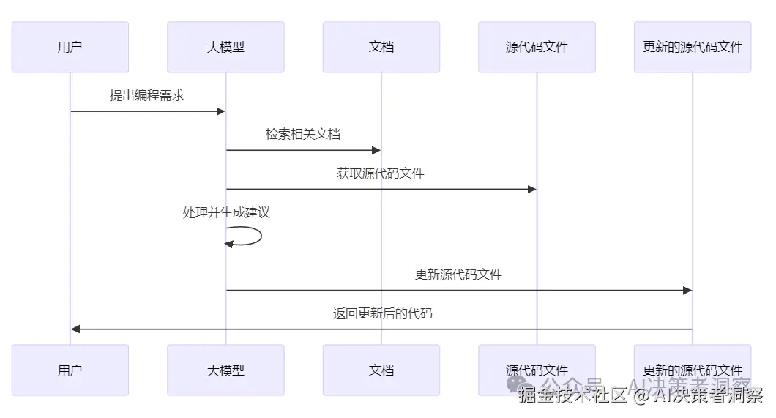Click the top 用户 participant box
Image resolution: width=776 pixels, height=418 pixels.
(x=70, y=47)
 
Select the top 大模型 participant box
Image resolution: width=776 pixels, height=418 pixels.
(x=225, y=47)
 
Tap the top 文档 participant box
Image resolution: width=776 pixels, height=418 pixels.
(x=381, y=47)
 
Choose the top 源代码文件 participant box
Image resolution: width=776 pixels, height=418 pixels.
(x=537, y=47)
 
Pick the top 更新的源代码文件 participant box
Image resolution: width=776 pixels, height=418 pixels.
(x=693, y=47)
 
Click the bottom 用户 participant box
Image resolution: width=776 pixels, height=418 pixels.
(x=70, y=370)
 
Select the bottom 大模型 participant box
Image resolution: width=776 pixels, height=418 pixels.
(x=225, y=370)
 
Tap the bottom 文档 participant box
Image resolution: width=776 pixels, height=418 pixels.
(x=381, y=370)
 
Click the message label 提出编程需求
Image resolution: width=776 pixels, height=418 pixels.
(x=147, y=95)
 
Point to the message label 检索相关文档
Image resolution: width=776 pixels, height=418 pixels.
(x=303, y=135)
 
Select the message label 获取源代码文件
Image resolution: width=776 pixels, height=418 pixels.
(x=381, y=174)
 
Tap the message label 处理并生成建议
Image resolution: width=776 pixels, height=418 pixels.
(x=226, y=213)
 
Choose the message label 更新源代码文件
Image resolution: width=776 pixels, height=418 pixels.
(x=458, y=275)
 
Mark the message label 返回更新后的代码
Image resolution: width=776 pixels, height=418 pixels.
(x=383, y=314)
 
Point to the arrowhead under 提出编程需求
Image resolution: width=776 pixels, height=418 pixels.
(x=220, y=111)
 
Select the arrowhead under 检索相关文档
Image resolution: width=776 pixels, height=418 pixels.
(x=376, y=150)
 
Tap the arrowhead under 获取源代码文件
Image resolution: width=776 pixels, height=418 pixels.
(x=532, y=189)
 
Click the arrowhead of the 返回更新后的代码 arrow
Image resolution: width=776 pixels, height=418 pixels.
(x=75, y=329)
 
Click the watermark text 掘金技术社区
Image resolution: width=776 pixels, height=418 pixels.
(x=573, y=396)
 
